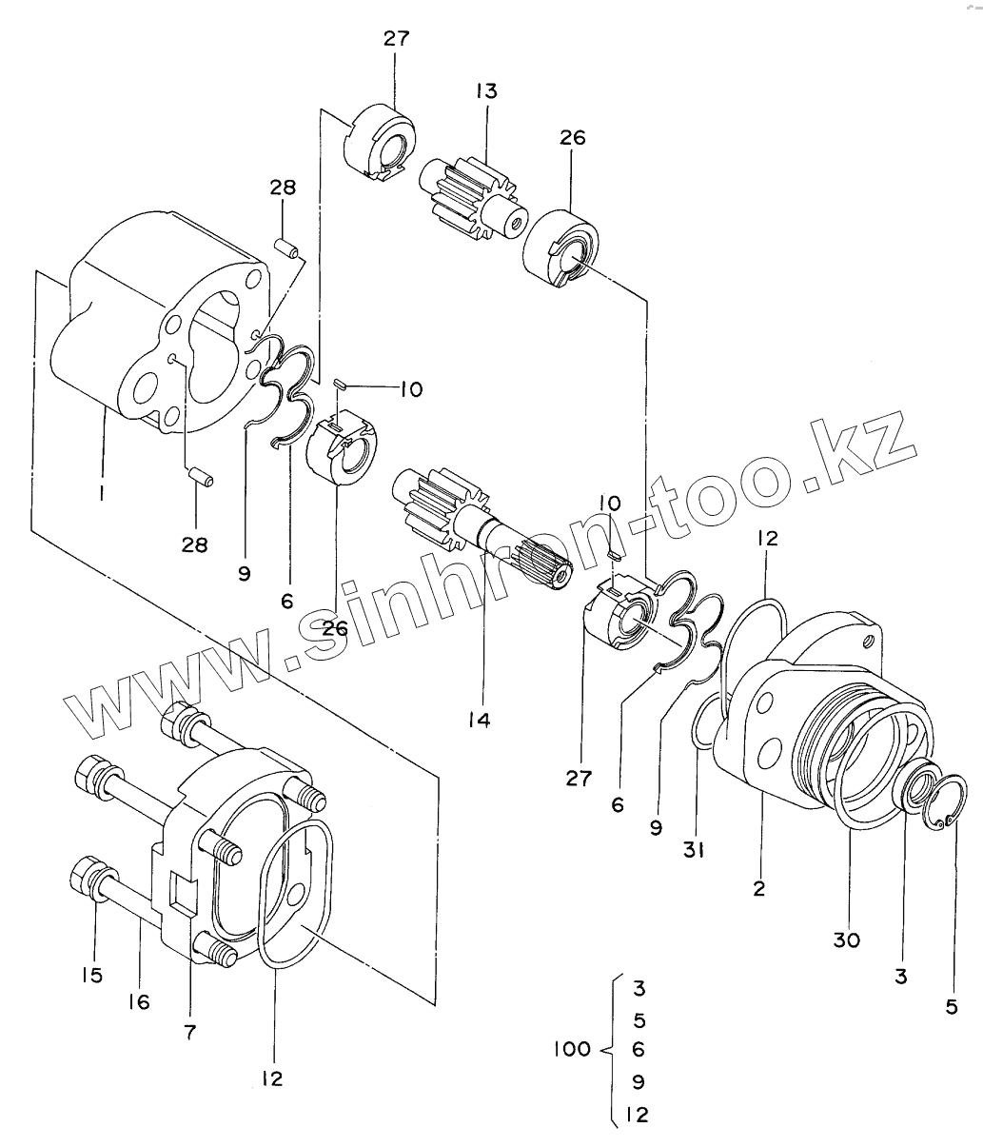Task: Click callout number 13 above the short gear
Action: (x=486, y=91)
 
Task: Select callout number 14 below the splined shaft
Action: (x=479, y=721)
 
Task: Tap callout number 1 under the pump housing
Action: (x=101, y=492)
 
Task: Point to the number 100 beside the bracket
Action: (x=572, y=1048)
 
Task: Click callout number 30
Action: (x=847, y=939)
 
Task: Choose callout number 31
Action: (x=694, y=850)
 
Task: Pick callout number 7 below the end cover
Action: (x=189, y=1032)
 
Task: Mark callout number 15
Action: (x=92, y=975)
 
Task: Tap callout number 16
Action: (x=139, y=1001)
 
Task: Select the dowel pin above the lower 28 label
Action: (x=201, y=479)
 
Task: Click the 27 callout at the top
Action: (x=396, y=39)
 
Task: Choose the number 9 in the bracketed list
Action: (x=639, y=1081)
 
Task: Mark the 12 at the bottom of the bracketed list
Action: (x=637, y=1115)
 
